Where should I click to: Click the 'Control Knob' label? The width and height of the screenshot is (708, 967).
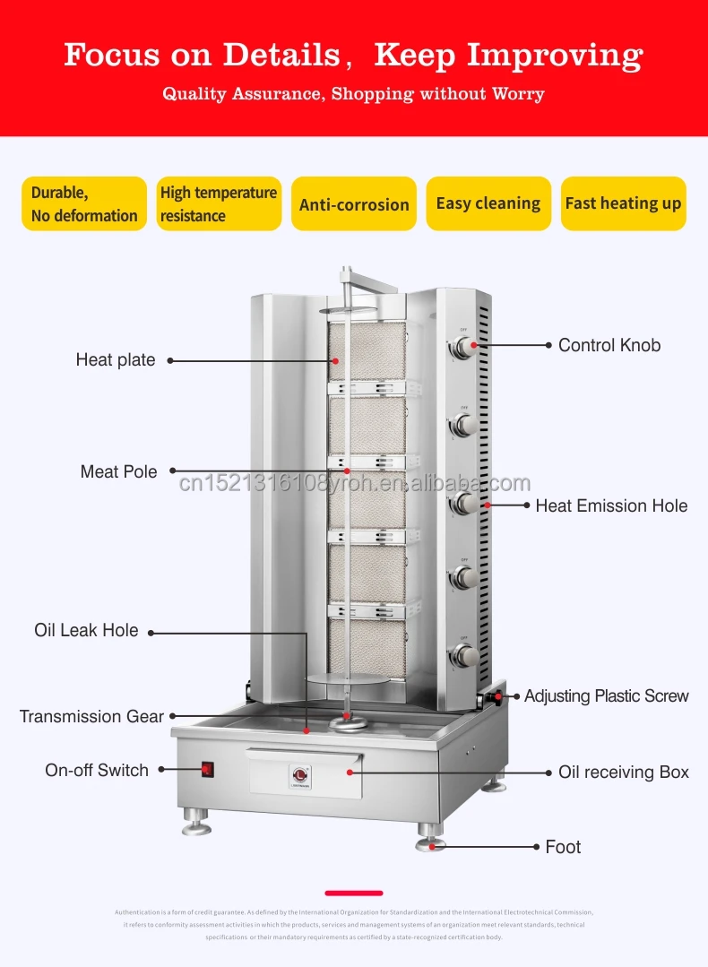[609, 345]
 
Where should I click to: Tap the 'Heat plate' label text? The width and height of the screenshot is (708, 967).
[116, 360]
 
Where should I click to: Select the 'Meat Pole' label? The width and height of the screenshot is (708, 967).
[118, 471]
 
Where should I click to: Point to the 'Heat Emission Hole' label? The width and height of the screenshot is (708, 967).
[611, 505]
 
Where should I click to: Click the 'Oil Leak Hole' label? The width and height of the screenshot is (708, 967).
[86, 630]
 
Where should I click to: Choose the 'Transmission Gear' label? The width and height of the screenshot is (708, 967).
[91, 716]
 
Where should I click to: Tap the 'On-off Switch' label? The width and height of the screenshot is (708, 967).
[97, 770]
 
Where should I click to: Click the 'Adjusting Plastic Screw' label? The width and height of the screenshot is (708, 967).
[606, 695]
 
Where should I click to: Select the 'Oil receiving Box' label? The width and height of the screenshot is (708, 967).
[624, 772]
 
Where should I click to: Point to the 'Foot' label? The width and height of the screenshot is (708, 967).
[563, 847]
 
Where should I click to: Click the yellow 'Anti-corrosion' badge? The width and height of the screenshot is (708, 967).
[354, 204]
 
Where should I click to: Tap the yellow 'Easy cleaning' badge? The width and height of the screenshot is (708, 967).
[488, 203]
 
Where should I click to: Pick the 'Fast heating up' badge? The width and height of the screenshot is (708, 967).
[623, 203]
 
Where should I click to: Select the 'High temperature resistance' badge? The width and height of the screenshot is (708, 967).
[219, 203]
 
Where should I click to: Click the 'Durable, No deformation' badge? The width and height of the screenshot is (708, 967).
[84, 203]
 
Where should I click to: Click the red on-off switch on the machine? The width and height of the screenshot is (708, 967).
[208, 768]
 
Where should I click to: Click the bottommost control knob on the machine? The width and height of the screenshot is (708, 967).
[462, 654]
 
